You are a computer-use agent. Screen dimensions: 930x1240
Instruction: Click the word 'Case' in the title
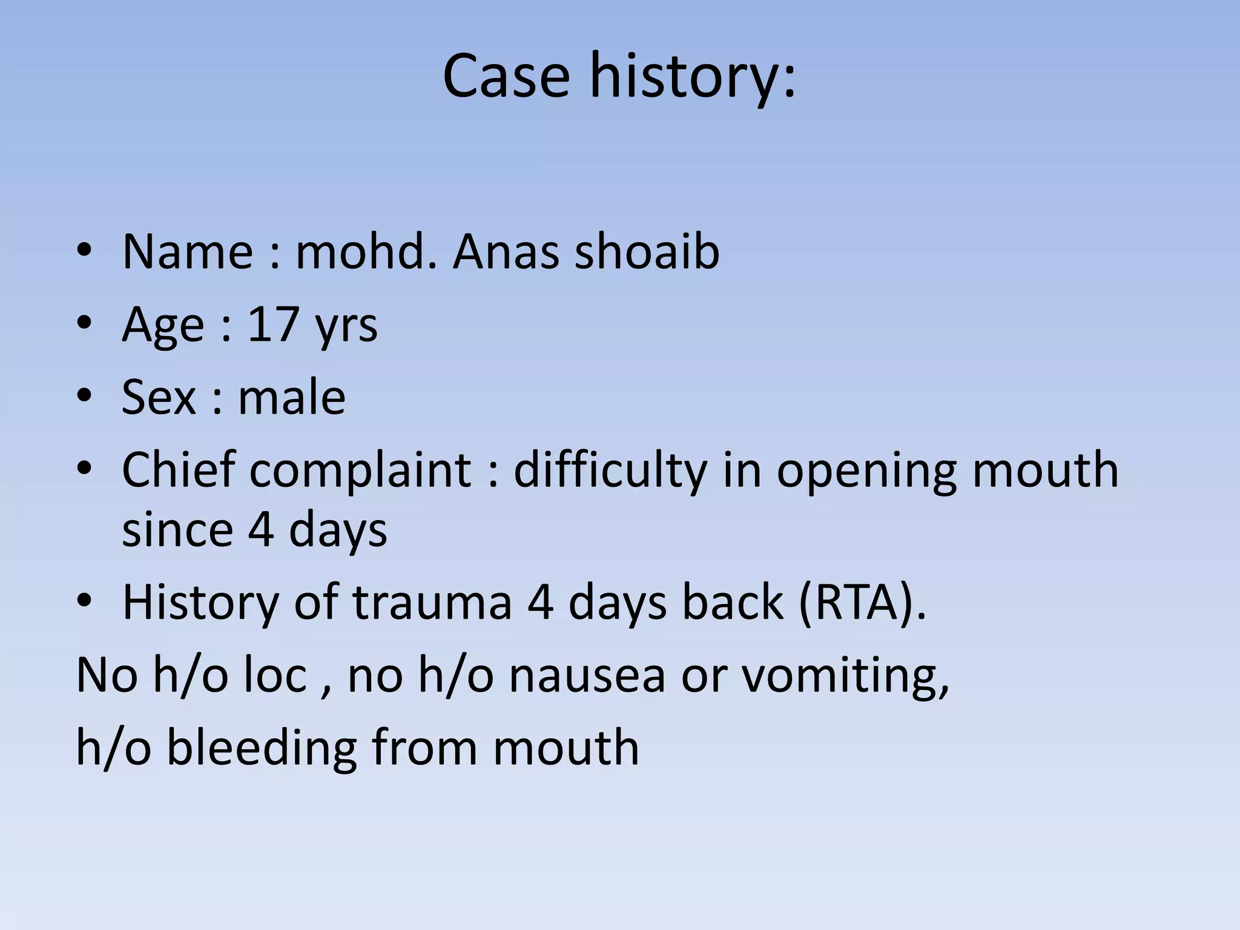point(506,76)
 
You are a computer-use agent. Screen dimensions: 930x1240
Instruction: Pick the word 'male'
point(292,397)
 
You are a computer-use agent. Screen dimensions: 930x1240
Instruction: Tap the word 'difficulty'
point(610,471)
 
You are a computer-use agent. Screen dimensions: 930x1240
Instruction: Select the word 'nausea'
point(587,675)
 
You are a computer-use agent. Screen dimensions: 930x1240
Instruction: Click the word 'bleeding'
point(261,747)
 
